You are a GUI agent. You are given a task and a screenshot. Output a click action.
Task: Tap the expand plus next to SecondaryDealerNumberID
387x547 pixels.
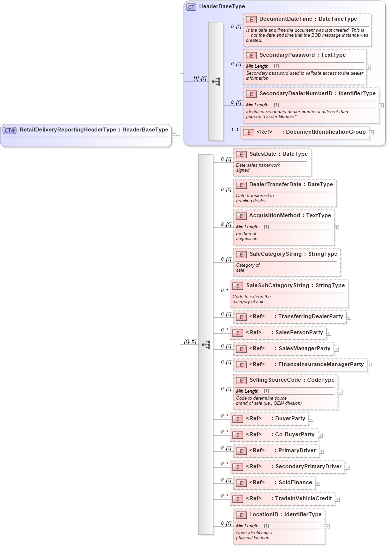coord(381,105)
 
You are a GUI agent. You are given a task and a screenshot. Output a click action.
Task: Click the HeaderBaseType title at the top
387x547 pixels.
coord(222,7)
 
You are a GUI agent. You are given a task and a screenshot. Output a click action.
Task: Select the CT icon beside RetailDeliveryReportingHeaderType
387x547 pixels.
coord(10,130)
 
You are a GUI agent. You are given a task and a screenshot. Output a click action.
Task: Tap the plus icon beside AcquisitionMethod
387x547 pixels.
coord(336,227)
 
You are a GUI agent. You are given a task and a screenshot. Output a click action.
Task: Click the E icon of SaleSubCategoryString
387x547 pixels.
coord(238,286)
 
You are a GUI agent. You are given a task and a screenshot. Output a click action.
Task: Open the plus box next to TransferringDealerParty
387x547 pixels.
coord(349,317)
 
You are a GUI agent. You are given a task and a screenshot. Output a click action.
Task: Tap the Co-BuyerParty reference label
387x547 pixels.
coord(295,435)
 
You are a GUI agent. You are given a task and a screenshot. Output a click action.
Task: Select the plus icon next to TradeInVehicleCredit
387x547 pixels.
coord(337,499)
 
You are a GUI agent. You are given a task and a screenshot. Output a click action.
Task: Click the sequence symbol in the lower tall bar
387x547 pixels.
coord(206,344)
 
